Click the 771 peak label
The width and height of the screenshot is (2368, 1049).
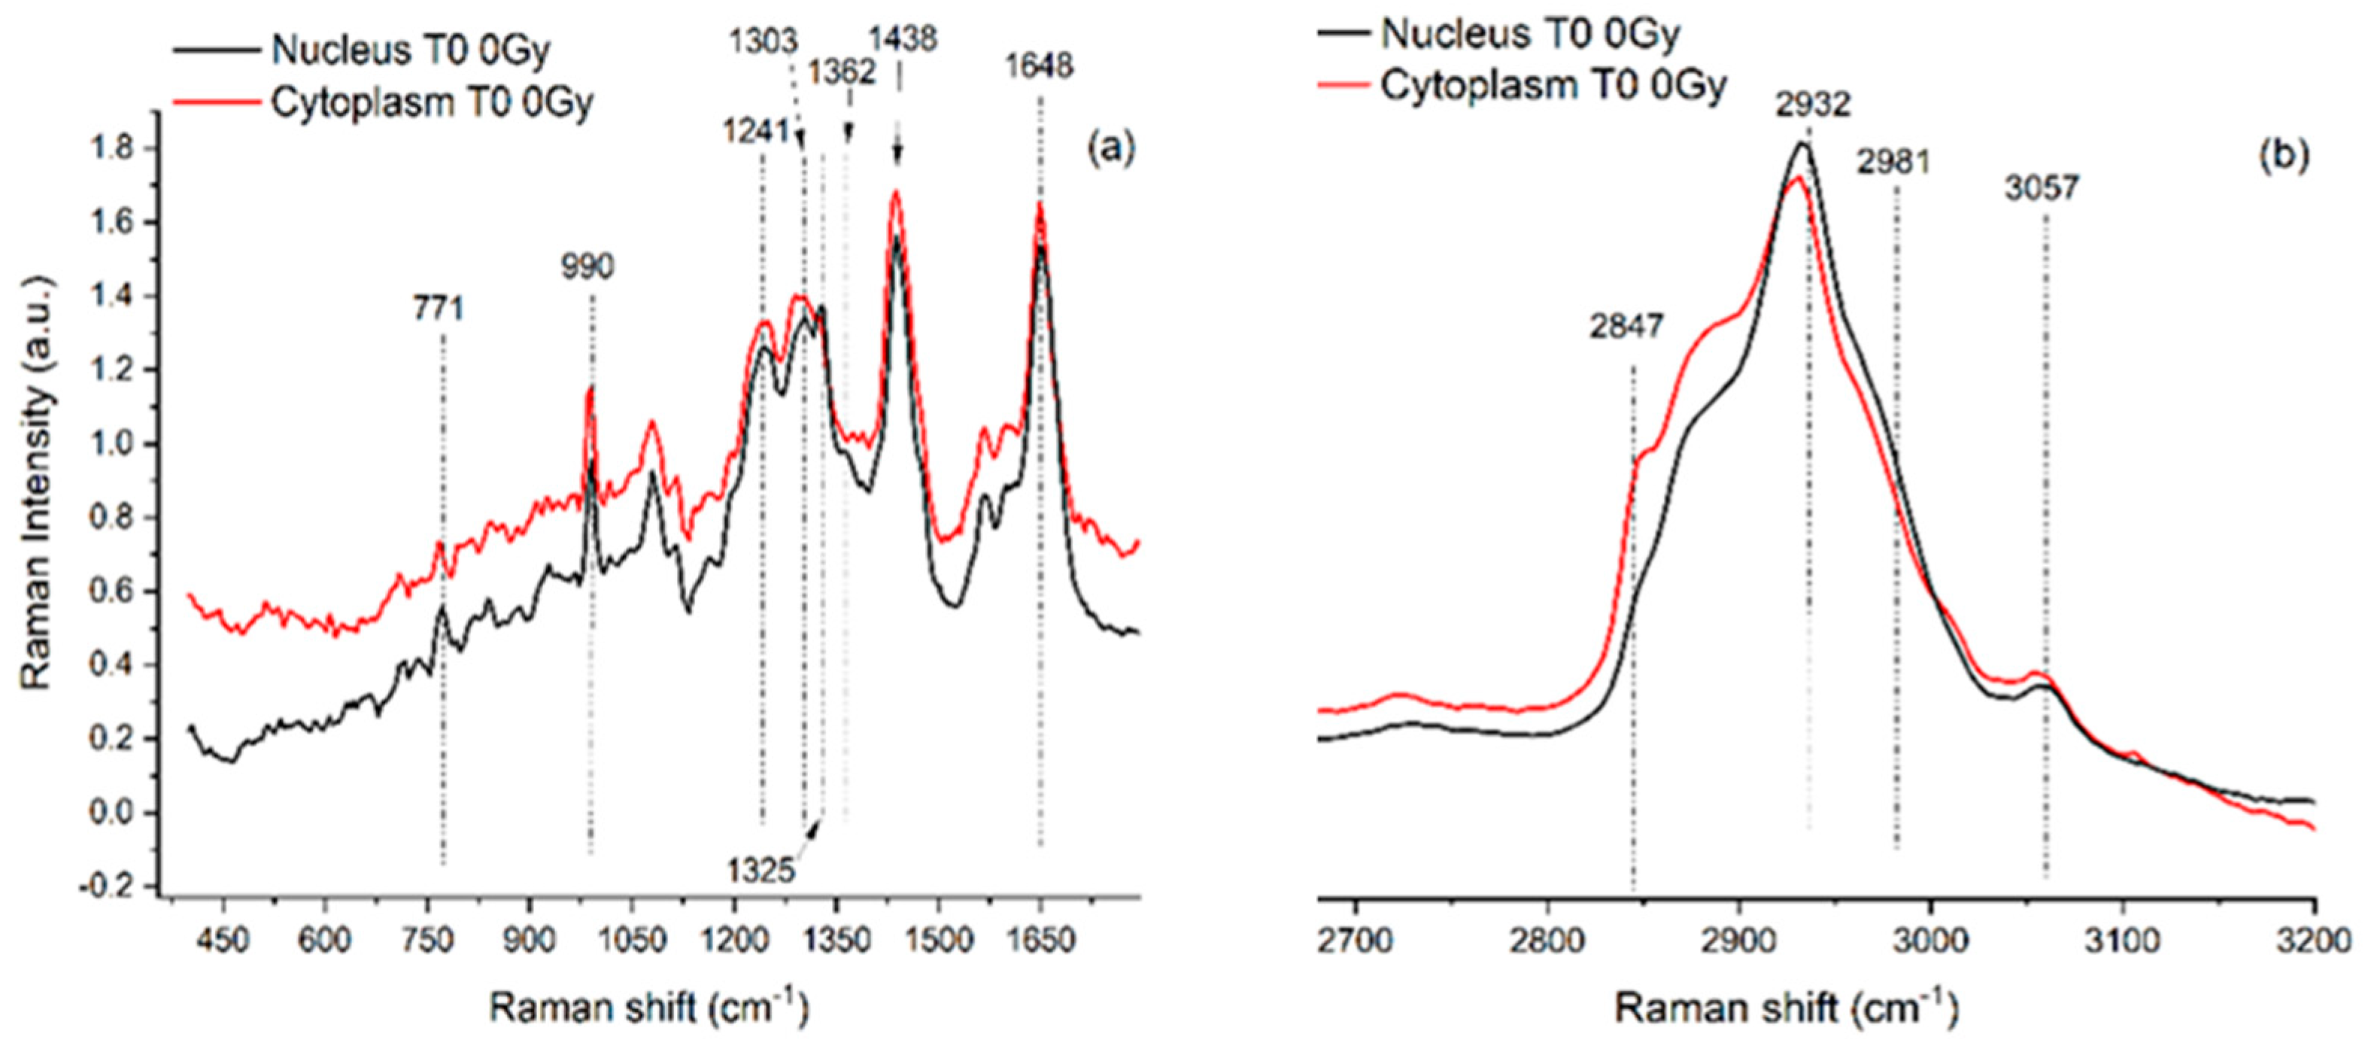coord(438,309)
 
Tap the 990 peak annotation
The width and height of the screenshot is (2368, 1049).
coord(587,268)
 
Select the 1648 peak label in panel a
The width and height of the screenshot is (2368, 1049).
coord(1039,66)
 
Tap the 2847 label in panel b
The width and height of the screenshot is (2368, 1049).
coord(1626,327)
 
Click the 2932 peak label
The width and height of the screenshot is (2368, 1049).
coord(1812,105)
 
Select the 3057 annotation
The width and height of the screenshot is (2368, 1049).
coord(2041,188)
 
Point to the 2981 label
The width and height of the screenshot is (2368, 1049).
coord(1893,163)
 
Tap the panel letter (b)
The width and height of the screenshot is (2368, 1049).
coord(2284,157)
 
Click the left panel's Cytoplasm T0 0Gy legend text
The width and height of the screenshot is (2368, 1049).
coord(431,103)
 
